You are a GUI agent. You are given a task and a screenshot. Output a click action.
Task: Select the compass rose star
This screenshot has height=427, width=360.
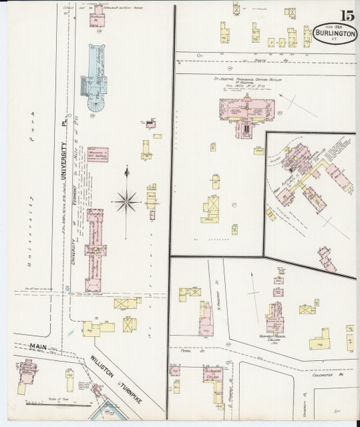click(x=127, y=201)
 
